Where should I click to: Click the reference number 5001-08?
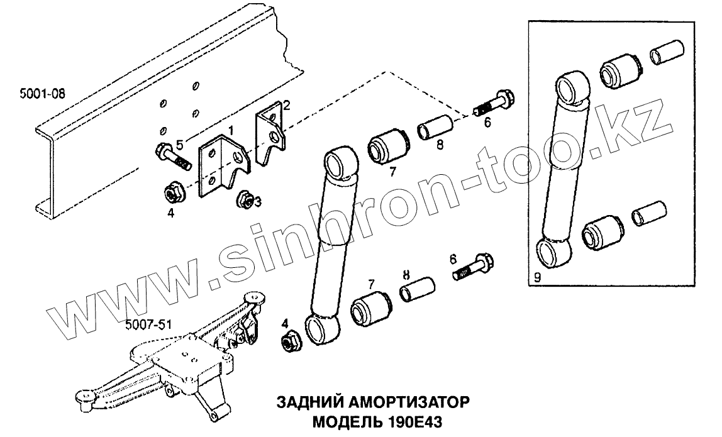(x=42, y=94)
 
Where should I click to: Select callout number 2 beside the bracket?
(x=286, y=104)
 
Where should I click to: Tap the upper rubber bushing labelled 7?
(x=387, y=146)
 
